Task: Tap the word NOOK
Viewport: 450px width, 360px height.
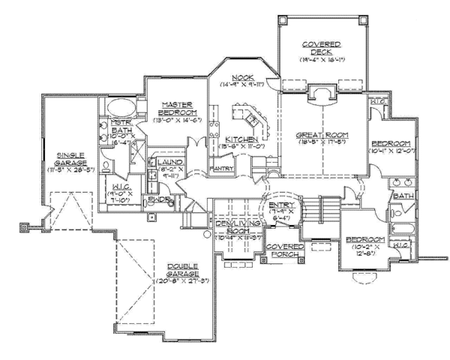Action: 241,77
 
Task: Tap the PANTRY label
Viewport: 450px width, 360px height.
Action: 221,169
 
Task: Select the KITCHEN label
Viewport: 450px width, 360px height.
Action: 241,140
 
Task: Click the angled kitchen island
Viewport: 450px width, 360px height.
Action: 247,118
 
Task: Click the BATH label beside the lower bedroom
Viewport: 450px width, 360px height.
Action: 404,196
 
